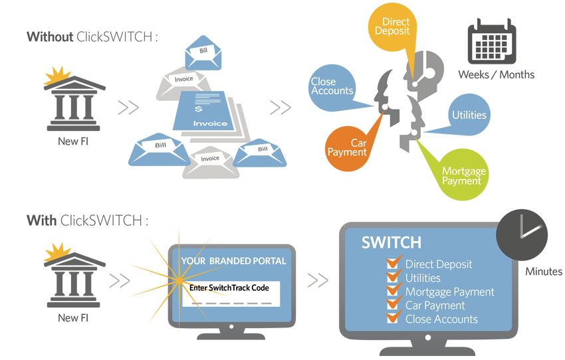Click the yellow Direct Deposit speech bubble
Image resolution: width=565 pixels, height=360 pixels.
pos(392,27)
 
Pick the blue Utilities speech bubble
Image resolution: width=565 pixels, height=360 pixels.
pos(469,115)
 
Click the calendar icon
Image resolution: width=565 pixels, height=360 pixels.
pos(492,42)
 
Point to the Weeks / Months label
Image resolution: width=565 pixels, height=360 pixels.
pos(496,74)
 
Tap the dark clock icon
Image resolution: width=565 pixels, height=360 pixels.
pos(522,235)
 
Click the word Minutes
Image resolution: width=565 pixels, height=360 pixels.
pos(543,272)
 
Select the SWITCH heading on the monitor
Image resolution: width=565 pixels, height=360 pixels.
pos(392,242)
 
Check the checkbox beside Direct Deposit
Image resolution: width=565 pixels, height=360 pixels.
pos(393,262)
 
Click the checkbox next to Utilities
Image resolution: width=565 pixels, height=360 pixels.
pos(393,276)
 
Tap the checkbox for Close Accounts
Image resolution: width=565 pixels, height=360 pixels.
pos(393,317)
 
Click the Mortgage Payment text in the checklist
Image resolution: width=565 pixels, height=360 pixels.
pos(450,292)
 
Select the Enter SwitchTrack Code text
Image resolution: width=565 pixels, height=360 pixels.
pos(229,288)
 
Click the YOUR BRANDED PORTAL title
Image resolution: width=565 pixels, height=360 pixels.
pos(233,261)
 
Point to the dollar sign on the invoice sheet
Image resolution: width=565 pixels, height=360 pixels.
pos(198,108)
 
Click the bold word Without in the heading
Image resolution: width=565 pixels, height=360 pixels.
pos(50,37)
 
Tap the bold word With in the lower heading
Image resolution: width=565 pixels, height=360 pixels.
pos(41,221)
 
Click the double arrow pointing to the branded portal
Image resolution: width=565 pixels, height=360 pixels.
pos(120,281)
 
